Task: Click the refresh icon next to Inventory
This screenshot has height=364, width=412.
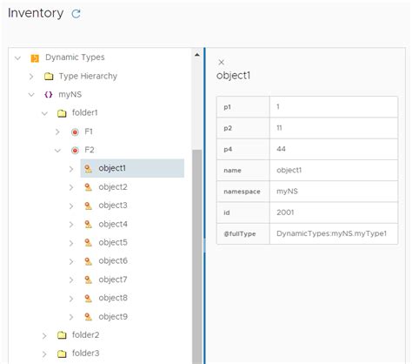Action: coord(76,14)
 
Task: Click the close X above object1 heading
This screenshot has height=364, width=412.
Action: coord(221,62)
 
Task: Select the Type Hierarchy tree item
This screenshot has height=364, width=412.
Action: coord(87,76)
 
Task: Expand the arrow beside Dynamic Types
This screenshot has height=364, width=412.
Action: coord(18,57)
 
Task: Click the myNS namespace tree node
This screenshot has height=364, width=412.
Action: coord(70,94)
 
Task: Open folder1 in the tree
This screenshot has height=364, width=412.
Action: coord(84,113)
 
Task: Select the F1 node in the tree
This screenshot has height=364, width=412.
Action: coord(89,131)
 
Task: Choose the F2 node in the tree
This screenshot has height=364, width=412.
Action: coord(89,150)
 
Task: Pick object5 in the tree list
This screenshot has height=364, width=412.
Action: coord(113,242)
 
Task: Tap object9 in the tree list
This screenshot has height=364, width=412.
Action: coord(113,316)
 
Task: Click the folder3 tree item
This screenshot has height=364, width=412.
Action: coord(85,353)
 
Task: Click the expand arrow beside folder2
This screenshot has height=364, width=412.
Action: coord(44,335)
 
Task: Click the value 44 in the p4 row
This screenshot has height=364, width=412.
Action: coord(282,150)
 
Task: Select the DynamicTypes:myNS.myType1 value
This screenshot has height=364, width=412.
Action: coord(330,234)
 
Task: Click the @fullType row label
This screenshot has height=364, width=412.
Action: coord(240,234)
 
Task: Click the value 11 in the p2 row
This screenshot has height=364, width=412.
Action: coord(280,128)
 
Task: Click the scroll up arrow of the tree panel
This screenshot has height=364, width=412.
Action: coord(197,56)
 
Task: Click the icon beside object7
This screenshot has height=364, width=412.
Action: coord(88,280)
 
